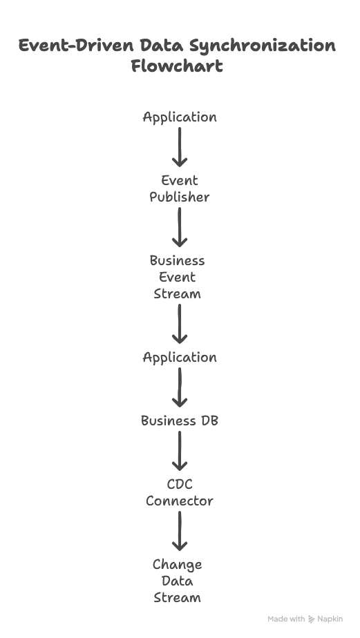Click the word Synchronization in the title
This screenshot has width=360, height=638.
click(x=263, y=46)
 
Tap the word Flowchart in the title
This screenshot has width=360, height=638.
click(x=177, y=66)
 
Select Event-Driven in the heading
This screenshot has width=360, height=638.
click(x=76, y=45)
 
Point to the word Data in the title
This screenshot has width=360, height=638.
click(x=160, y=45)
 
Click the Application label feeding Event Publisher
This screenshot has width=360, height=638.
click(x=180, y=117)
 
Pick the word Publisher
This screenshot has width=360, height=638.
click(x=180, y=197)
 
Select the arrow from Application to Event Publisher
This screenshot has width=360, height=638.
click(x=180, y=147)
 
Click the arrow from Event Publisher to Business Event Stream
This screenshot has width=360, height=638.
click(x=180, y=227)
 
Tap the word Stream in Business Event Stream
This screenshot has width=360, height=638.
click(x=177, y=293)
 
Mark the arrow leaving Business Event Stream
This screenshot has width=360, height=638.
click(x=180, y=324)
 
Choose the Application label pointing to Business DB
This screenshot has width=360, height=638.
click(x=180, y=358)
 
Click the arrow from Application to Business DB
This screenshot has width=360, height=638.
click(x=180, y=387)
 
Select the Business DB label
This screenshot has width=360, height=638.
click(x=180, y=420)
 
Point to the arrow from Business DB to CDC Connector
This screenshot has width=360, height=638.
click(x=180, y=451)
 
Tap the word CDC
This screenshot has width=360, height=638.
click(x=180, y=484)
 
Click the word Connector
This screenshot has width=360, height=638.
click(x=180, y=501)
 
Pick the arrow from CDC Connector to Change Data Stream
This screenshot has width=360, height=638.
click(x=180, y=531)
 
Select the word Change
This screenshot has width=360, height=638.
click(x=177, y=565)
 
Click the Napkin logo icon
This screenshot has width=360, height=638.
click(x=312, y=619)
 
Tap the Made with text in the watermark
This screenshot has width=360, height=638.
click(x=286, y=619)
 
